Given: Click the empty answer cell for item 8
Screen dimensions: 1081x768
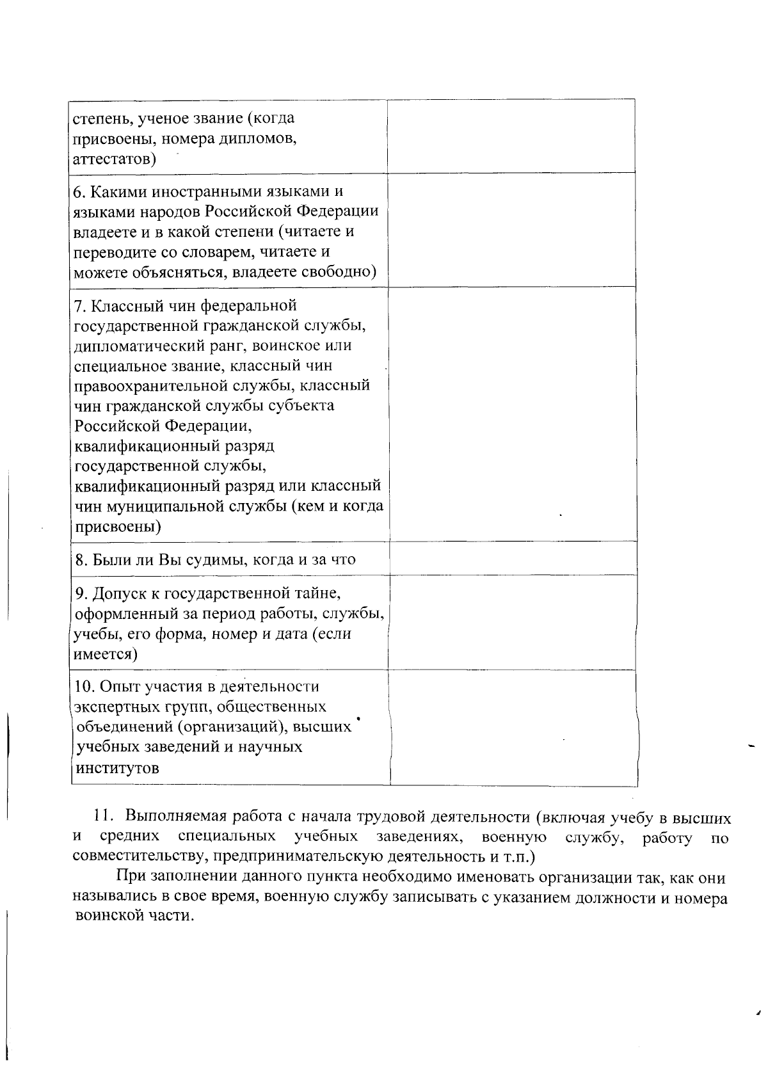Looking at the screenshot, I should pos(512,558).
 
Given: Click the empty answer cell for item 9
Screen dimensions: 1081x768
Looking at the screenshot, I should pos(512,622).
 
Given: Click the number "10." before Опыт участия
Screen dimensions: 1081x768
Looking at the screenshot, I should pos(84,687).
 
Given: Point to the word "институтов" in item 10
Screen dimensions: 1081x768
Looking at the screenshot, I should pos(116,768).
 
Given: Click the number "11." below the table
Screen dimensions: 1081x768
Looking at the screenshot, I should pos(104,817).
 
